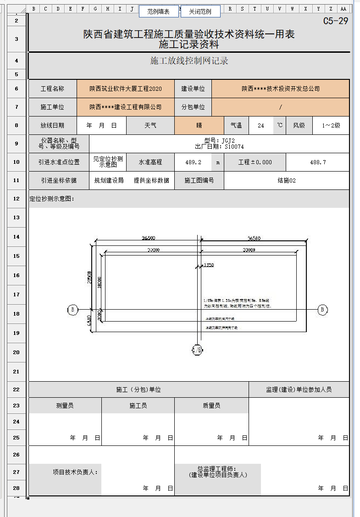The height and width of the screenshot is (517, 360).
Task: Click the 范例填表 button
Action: (158, 11)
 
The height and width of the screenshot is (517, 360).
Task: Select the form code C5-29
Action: (336, 21)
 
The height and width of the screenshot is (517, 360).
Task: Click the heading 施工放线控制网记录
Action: (189, 61)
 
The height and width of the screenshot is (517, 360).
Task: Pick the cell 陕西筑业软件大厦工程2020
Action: (126, 89)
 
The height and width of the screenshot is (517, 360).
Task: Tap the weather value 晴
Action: (199, 125)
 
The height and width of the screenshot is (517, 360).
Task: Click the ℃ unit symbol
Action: (279, 125)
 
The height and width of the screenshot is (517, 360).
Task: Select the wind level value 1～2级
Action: (331, 125)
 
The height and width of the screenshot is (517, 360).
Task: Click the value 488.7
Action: (318, 162)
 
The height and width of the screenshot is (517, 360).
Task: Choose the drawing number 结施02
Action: (287, 180)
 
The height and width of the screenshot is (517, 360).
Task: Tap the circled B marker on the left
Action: (72, 310)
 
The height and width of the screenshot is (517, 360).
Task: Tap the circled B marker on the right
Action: (323, 310)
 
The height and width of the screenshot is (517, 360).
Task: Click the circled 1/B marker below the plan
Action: (197, 350)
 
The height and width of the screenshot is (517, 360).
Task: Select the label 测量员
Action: (65, 406)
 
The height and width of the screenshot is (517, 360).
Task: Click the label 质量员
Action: (211, 406)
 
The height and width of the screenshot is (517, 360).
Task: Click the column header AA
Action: (343, 9)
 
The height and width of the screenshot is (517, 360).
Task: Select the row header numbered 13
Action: (17, 217)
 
